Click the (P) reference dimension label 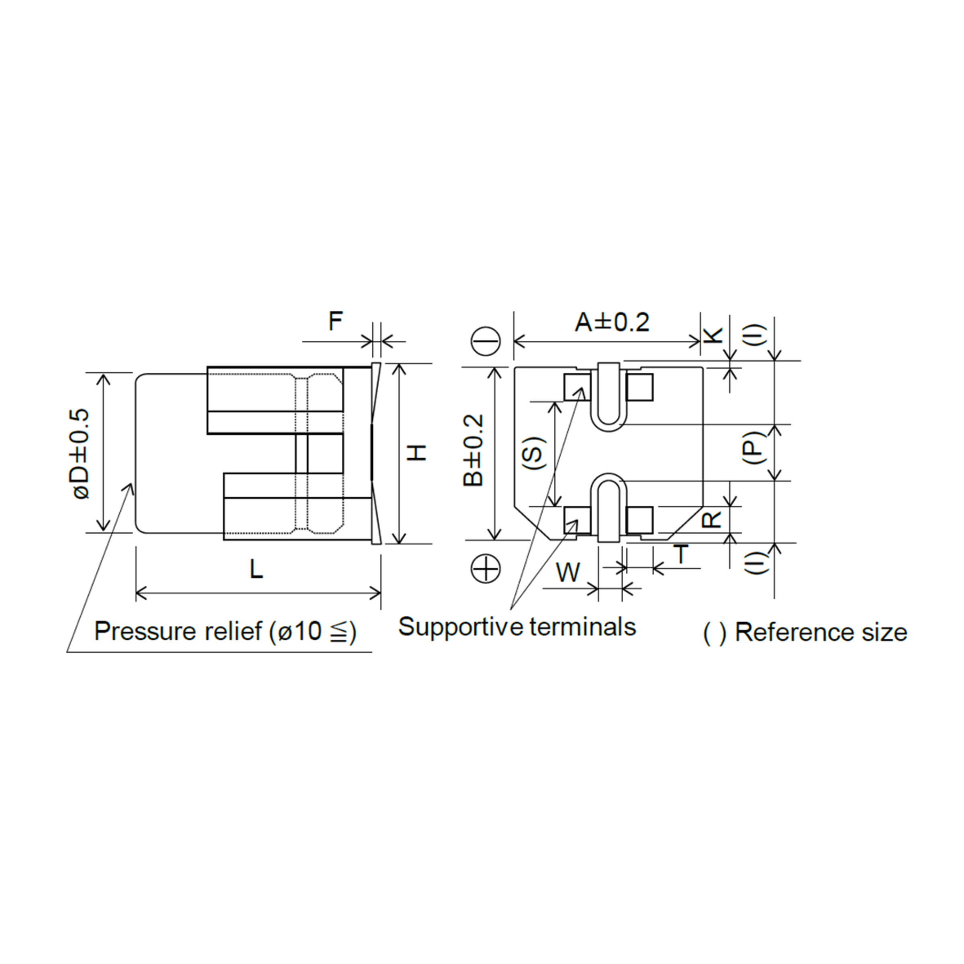pyautogui.click(x=756, y=447)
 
